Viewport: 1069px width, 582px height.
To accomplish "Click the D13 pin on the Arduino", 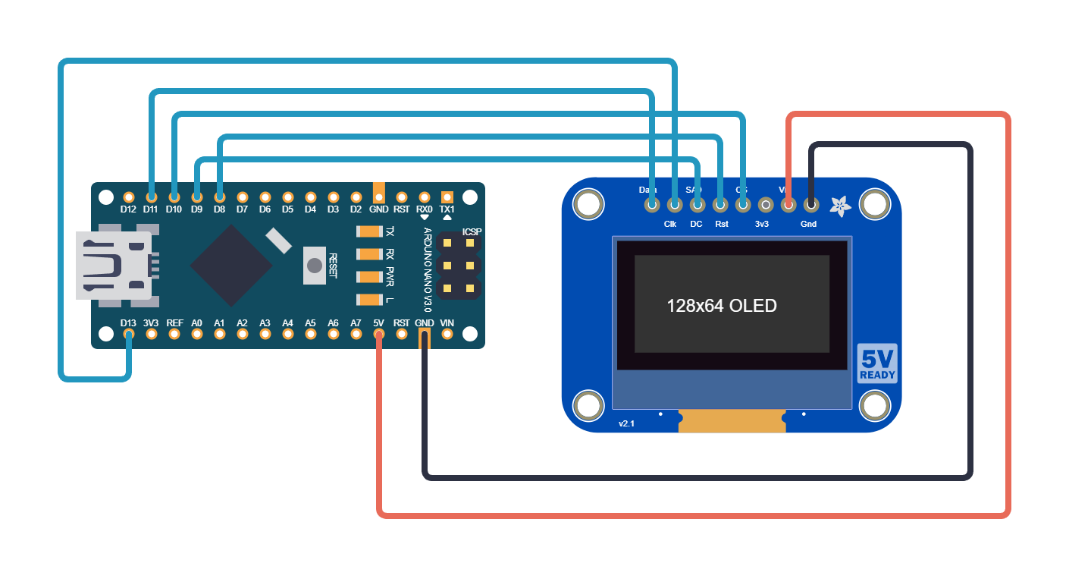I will pos(129,334).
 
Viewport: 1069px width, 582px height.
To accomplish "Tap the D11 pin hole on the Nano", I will pos(152,197).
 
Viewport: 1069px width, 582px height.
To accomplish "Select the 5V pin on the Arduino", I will pos(379,334).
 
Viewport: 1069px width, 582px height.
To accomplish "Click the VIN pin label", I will pos(447,322).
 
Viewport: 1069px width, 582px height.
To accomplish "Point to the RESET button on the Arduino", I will pos(314,266).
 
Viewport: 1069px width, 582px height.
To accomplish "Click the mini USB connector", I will pos(114,266).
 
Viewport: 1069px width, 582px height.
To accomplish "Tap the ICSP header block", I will pos(459,266).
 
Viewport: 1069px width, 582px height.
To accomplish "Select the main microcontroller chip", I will pos(230,265).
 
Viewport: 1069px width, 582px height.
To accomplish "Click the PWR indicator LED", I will pos(370,277).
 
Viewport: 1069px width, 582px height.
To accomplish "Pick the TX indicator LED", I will pos(370,231).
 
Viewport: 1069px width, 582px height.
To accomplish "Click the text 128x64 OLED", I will pos(721,306).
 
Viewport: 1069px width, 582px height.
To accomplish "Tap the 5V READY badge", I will pos(877,363).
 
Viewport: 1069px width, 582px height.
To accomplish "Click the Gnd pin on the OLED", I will pos(811,204).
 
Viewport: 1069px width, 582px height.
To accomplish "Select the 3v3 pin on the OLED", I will pos(766,204).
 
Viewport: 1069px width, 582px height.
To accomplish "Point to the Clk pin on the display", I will pos(675,204).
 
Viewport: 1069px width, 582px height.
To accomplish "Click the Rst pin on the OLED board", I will pos(720,204).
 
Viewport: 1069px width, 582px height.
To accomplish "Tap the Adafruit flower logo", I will pos(840,205).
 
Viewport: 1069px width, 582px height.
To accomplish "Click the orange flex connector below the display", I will pos(732,421).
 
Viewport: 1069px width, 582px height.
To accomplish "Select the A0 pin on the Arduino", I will pos(197,334).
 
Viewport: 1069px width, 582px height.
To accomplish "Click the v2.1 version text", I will pos(626,423).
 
